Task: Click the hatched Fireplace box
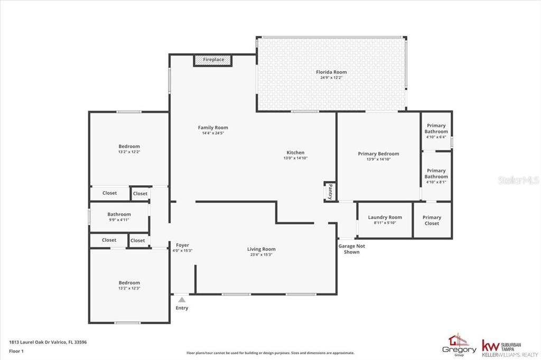212,60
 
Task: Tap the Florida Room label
331,72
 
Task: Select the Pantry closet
330,192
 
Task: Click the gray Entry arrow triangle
182,300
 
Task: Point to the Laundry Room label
385,217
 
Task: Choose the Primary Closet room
432,220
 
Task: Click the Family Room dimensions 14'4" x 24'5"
213,133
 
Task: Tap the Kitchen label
295,153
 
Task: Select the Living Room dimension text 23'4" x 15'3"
261,255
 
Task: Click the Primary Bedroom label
378,154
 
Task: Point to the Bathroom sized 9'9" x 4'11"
119,217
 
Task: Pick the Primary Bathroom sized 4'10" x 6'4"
436,131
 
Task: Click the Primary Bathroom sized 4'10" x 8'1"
436,176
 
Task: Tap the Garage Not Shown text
351,249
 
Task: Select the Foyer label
182,245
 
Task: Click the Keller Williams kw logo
490,346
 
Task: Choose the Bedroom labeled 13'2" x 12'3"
129,286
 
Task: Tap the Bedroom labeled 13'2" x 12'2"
129,149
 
